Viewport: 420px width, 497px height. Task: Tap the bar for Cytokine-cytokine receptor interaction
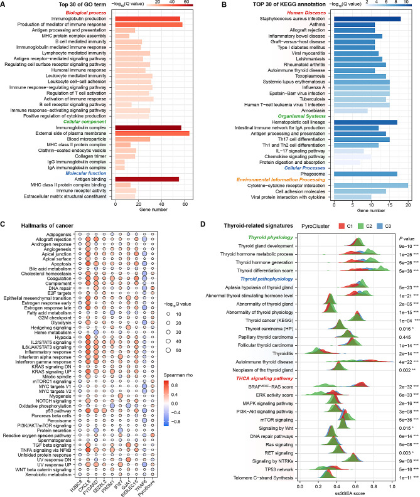pos(371,185)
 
